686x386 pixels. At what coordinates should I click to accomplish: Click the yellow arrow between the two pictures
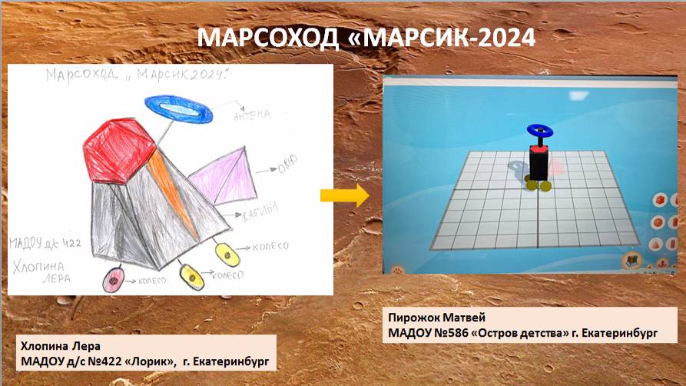(x=344, y=195)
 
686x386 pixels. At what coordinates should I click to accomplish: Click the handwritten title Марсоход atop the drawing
(x=76, y=78)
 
